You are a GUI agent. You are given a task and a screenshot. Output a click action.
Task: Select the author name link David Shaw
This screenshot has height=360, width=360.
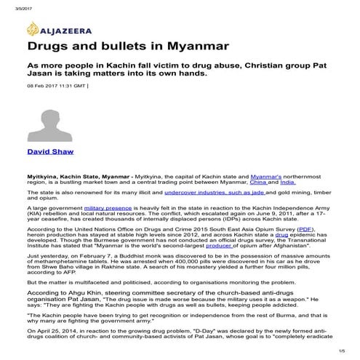[x=49, y=152]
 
